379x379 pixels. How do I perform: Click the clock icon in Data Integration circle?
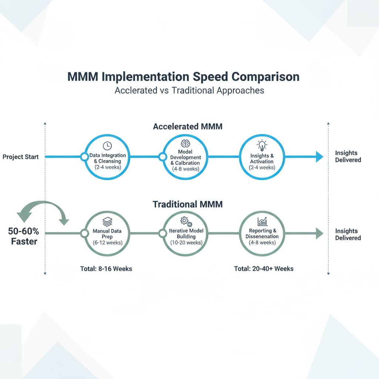click(107, 145)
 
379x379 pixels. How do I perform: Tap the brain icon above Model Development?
click(185, 143)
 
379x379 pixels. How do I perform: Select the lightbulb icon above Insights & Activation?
click(262, 145)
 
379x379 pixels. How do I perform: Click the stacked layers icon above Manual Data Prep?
click(107, 222)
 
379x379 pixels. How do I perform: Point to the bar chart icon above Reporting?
click(262, 222)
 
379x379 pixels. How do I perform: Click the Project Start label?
click(20, 157)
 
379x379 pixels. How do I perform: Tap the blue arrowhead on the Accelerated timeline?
click(319, 157)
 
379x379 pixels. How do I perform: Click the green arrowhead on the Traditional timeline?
click(319, 233)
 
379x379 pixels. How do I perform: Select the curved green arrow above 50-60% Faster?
click(43, 211)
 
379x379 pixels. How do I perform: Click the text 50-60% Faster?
click(23, 237)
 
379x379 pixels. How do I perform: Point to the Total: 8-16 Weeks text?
click(106, 269)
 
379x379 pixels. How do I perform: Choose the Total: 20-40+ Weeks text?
click(264, 269)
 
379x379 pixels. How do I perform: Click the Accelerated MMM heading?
click(188, 127)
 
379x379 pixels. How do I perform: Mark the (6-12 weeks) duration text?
click(107, 243)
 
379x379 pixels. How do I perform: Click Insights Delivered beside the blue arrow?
click(348, 157)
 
